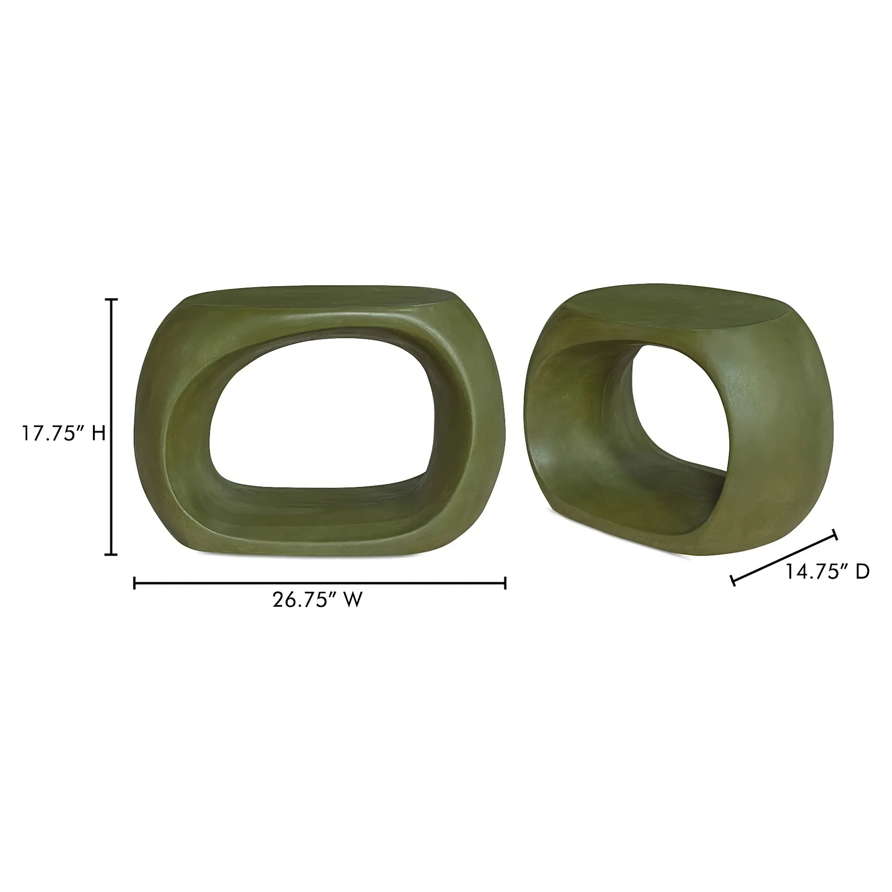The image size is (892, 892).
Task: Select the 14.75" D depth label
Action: pos(827,572)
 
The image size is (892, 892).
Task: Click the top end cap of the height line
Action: pos(111,300)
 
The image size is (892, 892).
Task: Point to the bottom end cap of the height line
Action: pos(111,554)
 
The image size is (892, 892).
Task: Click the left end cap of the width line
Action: pos(134,583)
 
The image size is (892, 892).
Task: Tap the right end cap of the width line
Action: pos(505,583)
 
